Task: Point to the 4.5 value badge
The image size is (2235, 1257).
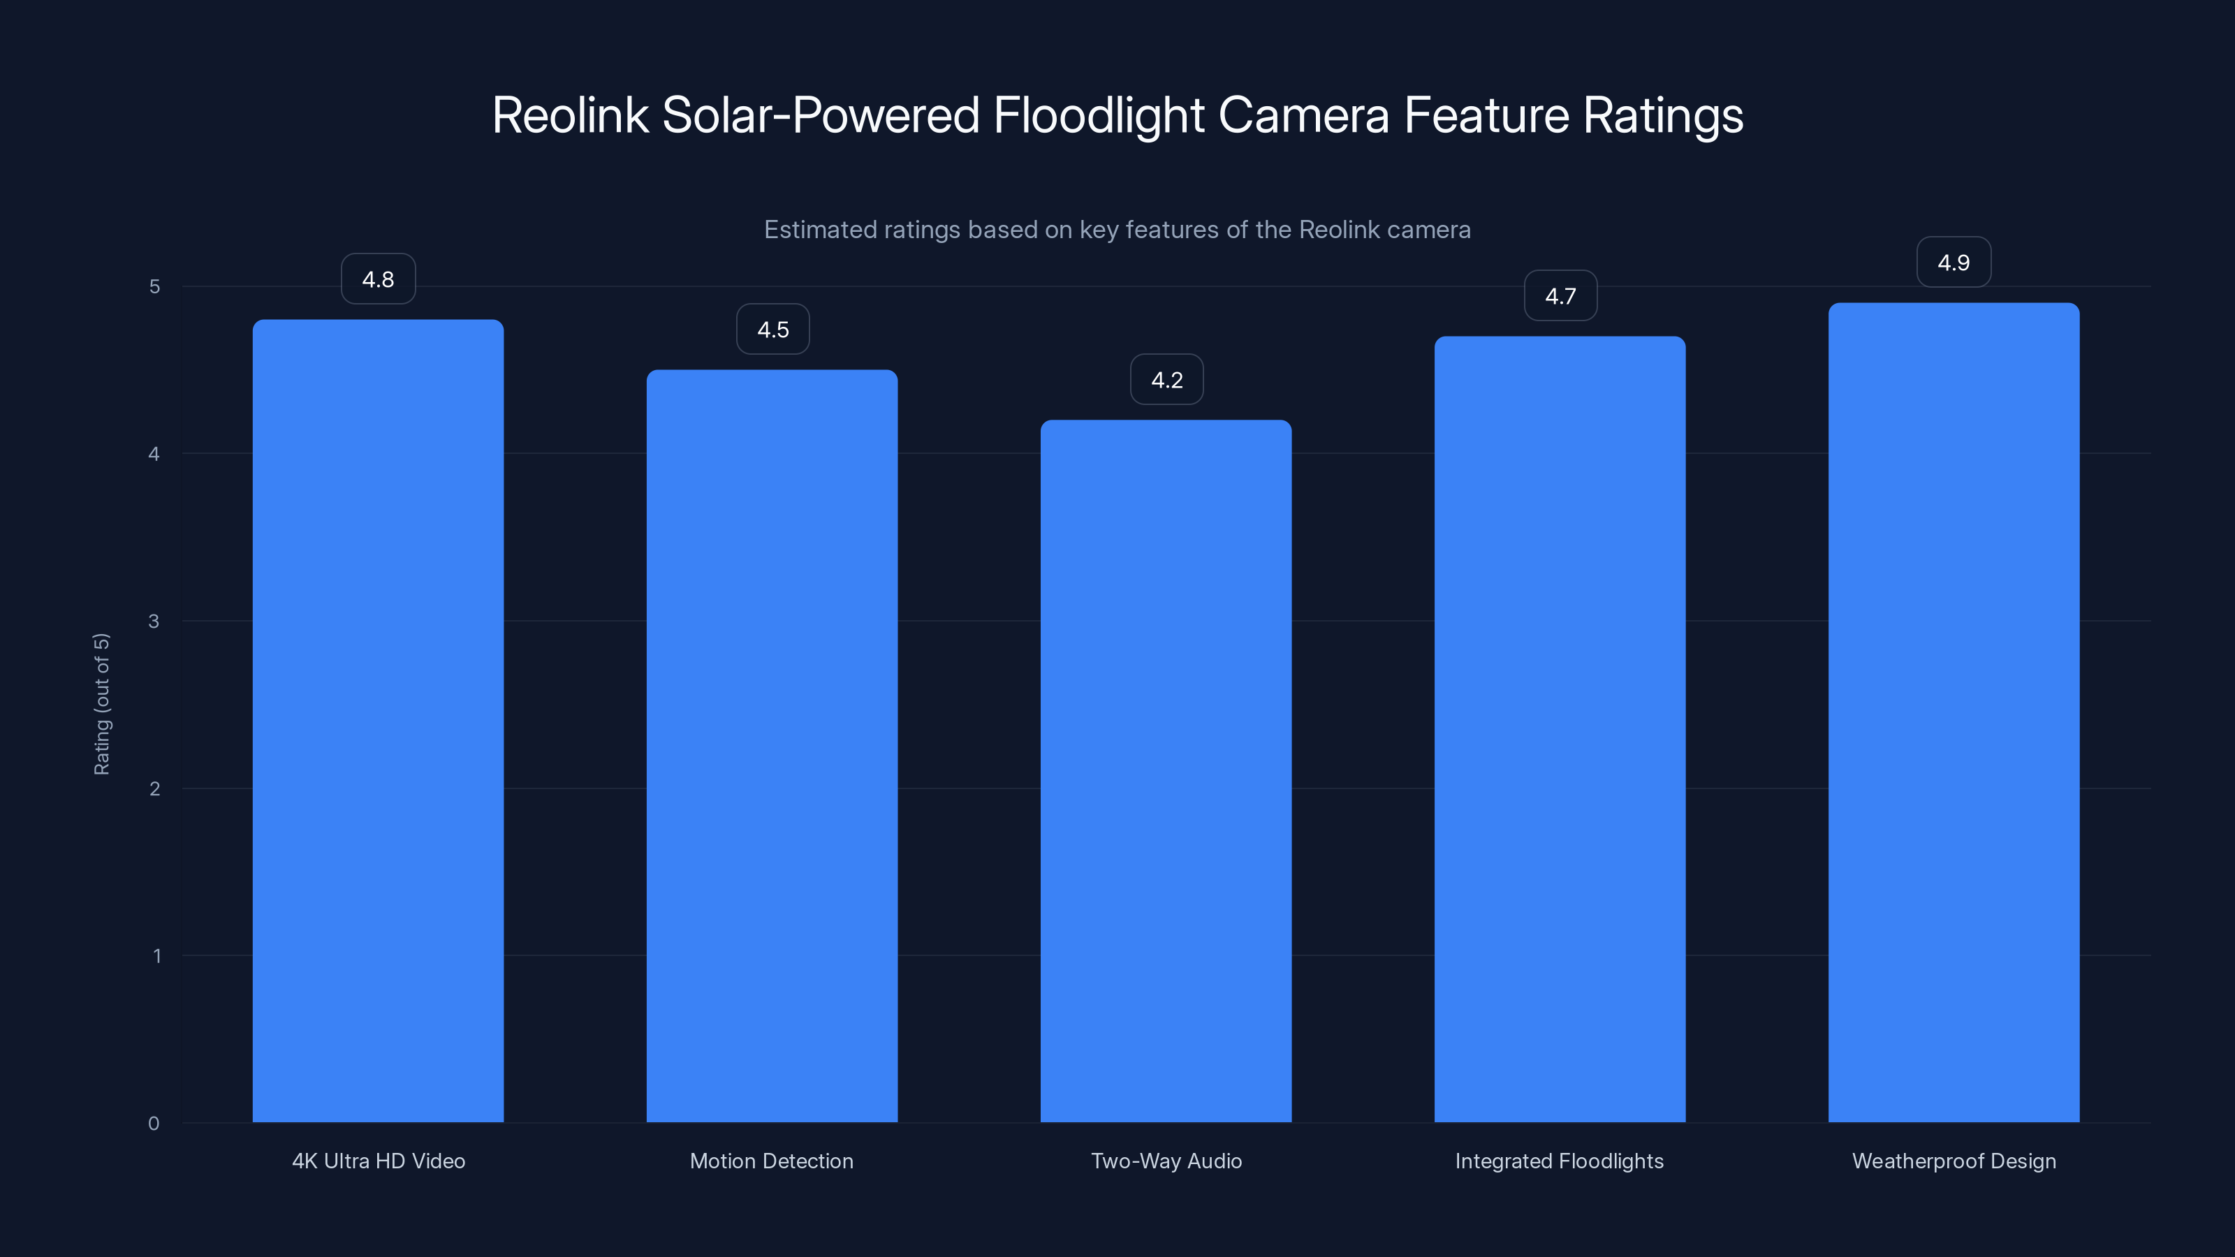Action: (772, 330)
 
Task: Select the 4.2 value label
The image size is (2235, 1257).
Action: (1166, 380)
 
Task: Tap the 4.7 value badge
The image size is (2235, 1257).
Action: (1560, 297)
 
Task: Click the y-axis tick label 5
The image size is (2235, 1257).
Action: (154, 286)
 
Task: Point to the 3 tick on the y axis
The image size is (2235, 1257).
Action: (154, 621)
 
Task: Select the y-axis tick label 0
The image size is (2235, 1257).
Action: (154, 1124)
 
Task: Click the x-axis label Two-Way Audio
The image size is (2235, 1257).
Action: (1166, 1161)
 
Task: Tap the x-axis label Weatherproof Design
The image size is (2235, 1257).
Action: (1954, 1161)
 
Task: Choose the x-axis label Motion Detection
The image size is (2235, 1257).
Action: (771, 1161)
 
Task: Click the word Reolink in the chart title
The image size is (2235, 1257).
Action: (570, 115)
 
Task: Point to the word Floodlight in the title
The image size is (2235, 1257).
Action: (1099, 115)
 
